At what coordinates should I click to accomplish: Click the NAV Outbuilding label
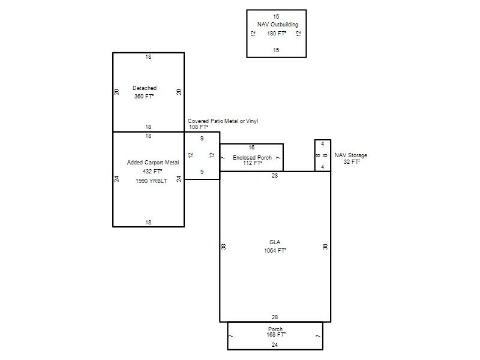[278, 25]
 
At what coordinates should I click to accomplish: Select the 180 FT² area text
[277, 34]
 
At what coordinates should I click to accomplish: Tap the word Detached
[145, 88]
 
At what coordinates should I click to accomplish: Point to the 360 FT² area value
[144, 97]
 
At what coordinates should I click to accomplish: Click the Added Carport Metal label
[153, 163]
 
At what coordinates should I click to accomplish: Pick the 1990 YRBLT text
[152, 181]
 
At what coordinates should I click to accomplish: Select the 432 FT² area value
[152, 172]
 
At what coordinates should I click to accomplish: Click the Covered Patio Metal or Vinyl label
[223, 121]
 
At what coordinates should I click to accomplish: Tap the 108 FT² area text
[199, 127]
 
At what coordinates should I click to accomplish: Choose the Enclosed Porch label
[252, 157]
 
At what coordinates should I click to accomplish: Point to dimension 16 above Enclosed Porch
[251, 148]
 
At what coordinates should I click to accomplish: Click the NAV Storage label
[351, 155]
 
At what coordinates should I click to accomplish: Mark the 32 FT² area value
[352, 162]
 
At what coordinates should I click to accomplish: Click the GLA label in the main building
[275, 242]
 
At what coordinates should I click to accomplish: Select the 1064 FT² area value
[275, 251]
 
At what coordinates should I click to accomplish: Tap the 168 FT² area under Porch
[276, 335]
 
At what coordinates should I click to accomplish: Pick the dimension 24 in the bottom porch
[275, 344]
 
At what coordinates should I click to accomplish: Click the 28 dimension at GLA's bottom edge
[275, 317]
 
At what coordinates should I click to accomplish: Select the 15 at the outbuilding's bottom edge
[276, 50]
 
